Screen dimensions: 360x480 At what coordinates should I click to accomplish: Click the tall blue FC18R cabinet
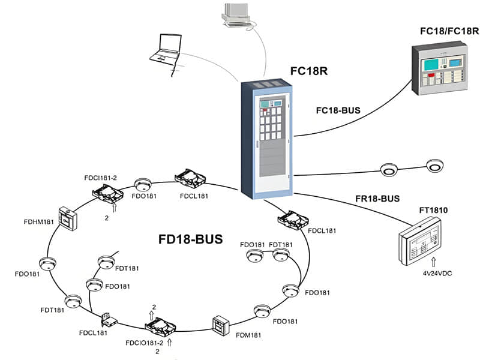(x=269, y=139)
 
